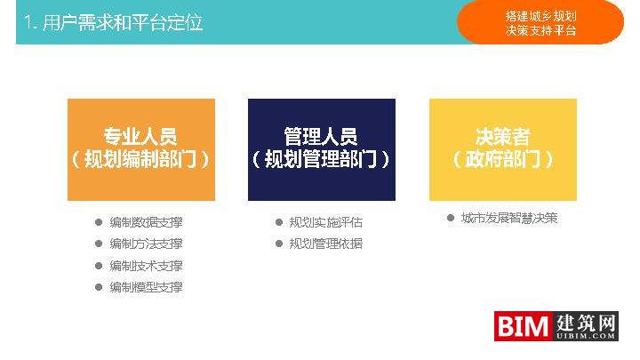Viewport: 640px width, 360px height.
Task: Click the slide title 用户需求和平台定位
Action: (x=113, y=22)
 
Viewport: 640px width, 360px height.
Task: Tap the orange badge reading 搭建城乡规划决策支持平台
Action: (x=540, y=22)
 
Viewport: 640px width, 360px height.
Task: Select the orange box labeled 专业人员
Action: (x=141, y=149)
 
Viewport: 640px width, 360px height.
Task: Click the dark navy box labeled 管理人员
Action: (x=321, y=149)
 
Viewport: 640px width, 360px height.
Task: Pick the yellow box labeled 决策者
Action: (x=502, y=149)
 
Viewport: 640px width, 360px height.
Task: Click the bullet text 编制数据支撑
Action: (x=146, y=222)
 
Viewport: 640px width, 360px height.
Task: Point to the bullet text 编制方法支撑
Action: (x=146, y=244)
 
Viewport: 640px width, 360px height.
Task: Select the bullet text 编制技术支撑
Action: (x=146, y=266)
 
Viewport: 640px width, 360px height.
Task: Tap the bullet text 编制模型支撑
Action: (x=146, y=287)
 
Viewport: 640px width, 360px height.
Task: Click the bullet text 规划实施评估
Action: (x=326, y=222)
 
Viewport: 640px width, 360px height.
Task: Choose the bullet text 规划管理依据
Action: (x=326, y=244)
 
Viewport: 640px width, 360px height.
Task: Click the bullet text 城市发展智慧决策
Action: (x=509, y=218)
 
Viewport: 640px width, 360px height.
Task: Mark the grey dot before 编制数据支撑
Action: (x=98, y=222)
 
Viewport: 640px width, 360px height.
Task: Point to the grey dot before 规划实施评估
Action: (x=278, y=222)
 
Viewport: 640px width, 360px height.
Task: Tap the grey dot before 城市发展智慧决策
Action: (x=451, y=218)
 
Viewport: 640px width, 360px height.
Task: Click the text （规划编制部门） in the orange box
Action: (x=141, y=160)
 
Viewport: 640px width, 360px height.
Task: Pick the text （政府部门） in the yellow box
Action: (x=502, y=160)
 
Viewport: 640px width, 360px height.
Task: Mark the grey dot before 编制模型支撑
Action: (x=98, y=287)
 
